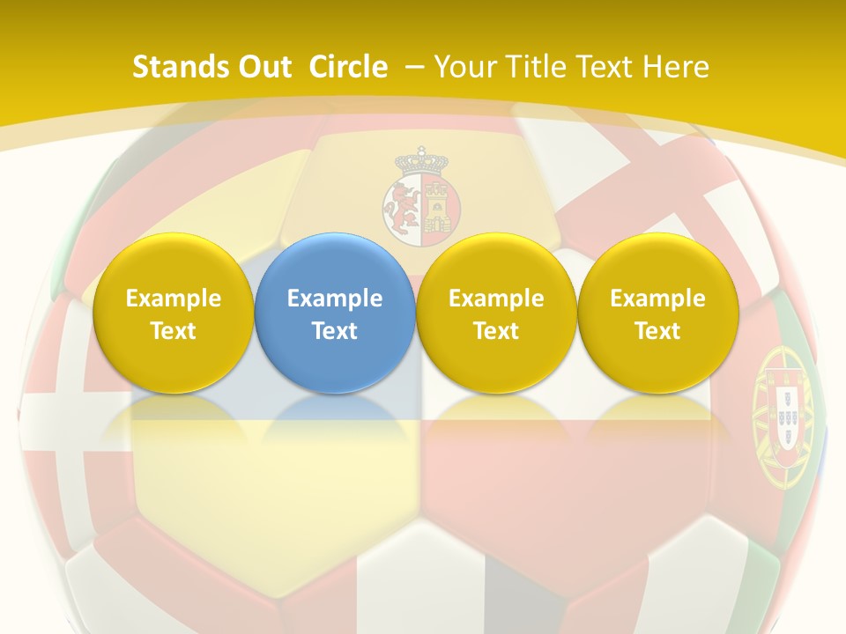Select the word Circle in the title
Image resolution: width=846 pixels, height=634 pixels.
[348, 67]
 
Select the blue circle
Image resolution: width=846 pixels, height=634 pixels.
[335, 313]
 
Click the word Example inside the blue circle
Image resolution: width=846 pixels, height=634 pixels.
[335, 299]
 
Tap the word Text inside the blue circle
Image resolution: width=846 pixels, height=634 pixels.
[335, 331]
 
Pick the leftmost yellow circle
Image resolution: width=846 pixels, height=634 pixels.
[173, 313]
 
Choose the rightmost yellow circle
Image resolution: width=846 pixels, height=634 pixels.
[658, 313]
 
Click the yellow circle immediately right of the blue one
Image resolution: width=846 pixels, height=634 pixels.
[496, 313]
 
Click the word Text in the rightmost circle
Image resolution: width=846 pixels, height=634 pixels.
[658, 331]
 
